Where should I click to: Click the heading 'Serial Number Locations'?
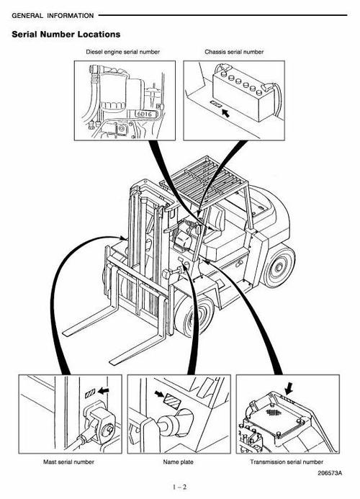[x=66, y=35]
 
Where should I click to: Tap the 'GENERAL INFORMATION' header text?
[x=52, y=14]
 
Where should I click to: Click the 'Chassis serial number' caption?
[x=235, y=52]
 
